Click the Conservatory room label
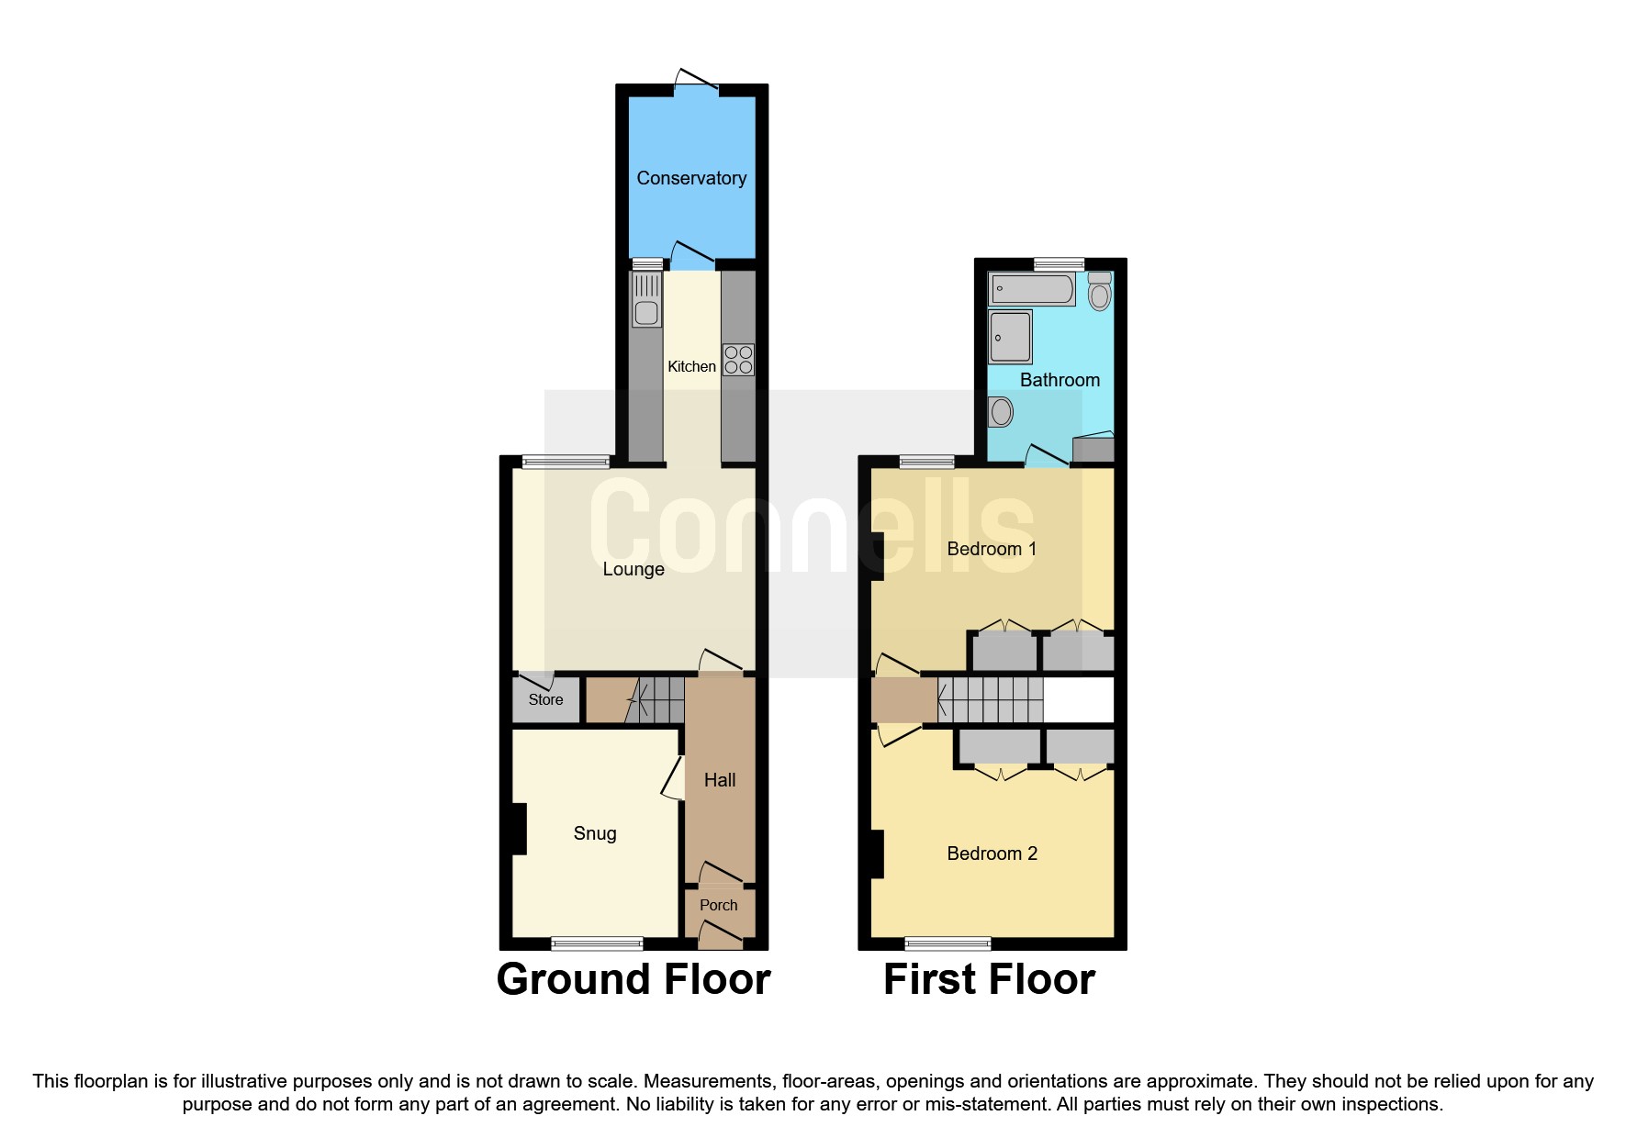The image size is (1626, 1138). point(691,178)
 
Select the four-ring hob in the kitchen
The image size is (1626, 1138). point(738,360)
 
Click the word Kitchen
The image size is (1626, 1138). point(691,367)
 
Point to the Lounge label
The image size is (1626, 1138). point(634,569)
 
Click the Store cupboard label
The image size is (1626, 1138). point(545,699)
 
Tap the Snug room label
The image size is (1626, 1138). point(595,833)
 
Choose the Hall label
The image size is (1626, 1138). point(720,780)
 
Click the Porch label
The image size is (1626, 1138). point(718,905)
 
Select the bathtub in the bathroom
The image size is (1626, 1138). point(1032,289)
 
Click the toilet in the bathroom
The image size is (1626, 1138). point(1099,292)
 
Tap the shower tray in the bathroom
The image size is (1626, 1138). point(1010,337)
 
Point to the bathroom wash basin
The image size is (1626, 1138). point(1001,411)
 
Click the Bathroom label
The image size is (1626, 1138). point(1060,380)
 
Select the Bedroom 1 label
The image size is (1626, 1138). point(992,549)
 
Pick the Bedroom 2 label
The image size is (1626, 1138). point(992,853)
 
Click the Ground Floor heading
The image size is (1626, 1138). point(634,979)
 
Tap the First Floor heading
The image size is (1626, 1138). point(989,979)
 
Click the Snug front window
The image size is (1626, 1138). point(597,943)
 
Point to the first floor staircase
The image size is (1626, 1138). point(991,700)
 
